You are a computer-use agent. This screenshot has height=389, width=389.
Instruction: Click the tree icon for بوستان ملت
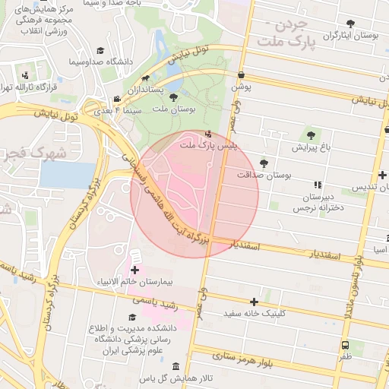tap(174, 97)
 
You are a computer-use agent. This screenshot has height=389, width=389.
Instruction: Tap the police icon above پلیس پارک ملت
tap(209, 134)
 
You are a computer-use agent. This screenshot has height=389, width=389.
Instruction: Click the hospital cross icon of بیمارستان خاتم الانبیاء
tap(135, 270)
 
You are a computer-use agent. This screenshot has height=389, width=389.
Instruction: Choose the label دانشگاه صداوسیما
tap(101, 61)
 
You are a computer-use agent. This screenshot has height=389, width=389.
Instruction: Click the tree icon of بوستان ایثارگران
tap(350, 24)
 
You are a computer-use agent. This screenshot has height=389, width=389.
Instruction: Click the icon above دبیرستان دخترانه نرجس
tap(318, 185)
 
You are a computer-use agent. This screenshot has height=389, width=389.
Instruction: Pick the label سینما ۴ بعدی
tap(117, 111)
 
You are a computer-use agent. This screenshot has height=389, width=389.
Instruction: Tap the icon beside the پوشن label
tap(242, 75)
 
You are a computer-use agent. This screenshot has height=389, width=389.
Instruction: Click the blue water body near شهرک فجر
tap(68, 176)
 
